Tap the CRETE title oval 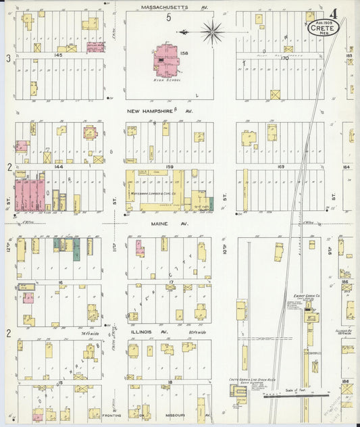322,28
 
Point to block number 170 284,58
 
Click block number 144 59,166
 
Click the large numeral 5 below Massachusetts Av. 169,18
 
